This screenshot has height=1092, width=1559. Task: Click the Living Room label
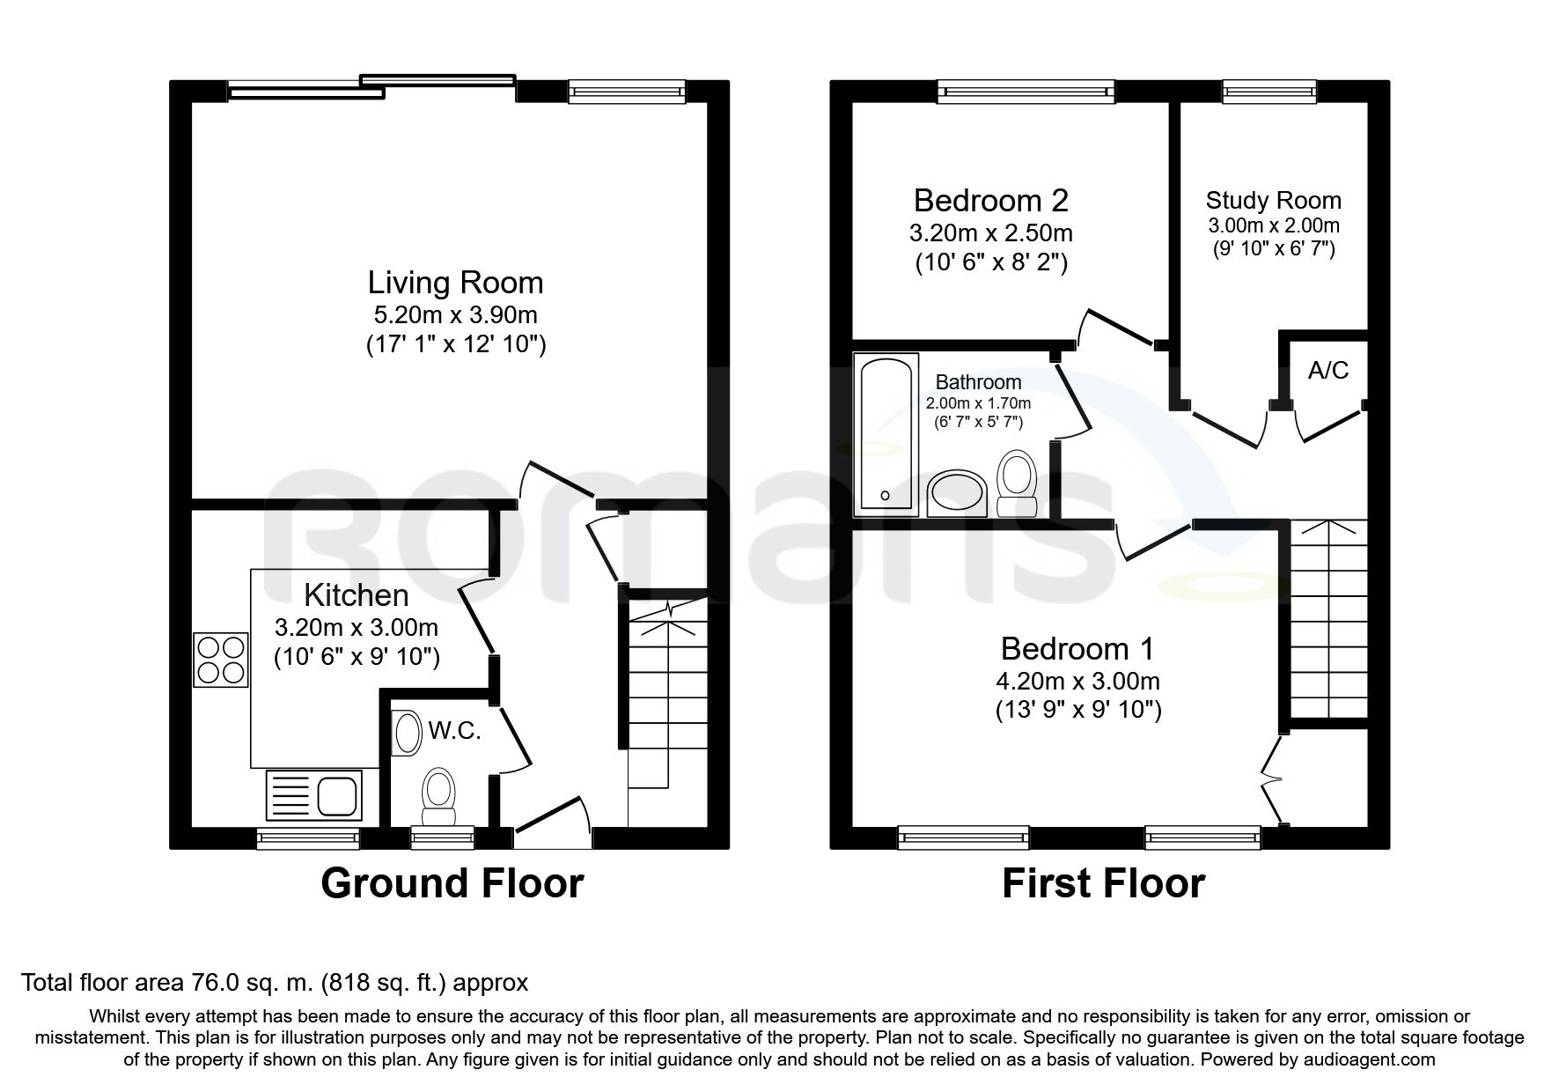pos(455,283)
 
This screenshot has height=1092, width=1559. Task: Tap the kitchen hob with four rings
pos(221,660)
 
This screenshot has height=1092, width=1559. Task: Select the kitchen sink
pos(314,795)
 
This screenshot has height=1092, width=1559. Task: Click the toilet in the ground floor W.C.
pos(438,797)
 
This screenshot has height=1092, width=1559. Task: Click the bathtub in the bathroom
pos(886,435)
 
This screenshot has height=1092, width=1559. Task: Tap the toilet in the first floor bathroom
pos(1018,483)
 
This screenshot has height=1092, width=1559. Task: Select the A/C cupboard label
pos(1327,370)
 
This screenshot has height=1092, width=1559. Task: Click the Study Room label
pos(1273,201)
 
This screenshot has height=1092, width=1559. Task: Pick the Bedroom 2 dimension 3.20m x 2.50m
pos(990,233)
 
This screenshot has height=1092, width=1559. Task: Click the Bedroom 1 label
pos(1077,649)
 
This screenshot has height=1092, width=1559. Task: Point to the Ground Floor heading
pos(452,883)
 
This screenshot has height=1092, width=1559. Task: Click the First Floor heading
pos(1103,883)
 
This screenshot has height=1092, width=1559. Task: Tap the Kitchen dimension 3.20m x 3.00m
pos(356,628)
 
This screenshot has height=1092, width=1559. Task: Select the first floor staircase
pos(1328,619)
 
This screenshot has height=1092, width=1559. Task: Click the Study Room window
pos(1269,91)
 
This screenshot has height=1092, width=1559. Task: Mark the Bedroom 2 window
pos(1026,91)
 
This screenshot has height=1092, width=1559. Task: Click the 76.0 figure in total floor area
pos(217,983)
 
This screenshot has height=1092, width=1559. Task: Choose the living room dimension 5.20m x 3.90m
pos(455,314)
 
